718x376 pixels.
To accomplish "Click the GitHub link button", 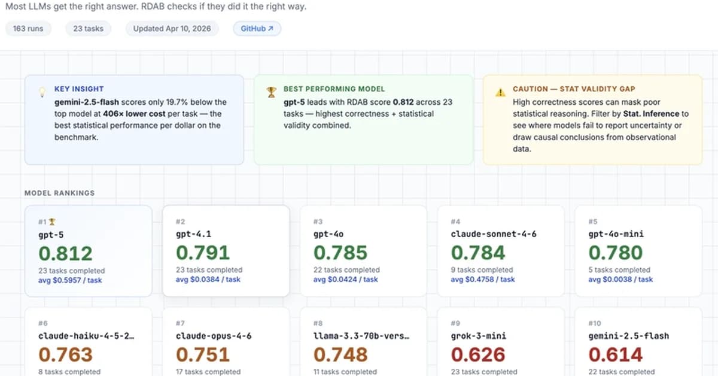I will coord(257,28).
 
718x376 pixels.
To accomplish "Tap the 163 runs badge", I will coord(28,28).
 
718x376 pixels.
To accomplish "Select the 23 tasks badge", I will coord(88,28).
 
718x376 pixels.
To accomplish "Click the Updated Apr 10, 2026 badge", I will coord(172,28).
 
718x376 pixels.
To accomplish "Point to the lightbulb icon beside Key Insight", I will coord(42,92).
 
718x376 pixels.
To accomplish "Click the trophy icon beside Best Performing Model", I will coord(272,92).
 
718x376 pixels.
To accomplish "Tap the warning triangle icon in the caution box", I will coord(500,92).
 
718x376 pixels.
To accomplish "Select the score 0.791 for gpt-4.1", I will coord(203,252).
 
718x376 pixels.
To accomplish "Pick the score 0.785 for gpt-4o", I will coord(340,252).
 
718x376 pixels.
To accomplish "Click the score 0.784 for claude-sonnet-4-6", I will coord(478,252).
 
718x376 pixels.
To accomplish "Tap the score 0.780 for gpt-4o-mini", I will coord(616,252).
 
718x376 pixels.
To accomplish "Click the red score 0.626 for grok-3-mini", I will coord(478,354).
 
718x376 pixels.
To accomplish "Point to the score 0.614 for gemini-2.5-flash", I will coord(616,354).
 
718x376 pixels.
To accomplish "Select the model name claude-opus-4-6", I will coord(214,336).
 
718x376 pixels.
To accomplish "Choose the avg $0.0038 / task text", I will coord(620,279).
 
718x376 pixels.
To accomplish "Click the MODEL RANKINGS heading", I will coord(59,193).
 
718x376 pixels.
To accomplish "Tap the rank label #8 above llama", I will coord(318,323).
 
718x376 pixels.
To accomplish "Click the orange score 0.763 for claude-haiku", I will coord(65,354).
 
